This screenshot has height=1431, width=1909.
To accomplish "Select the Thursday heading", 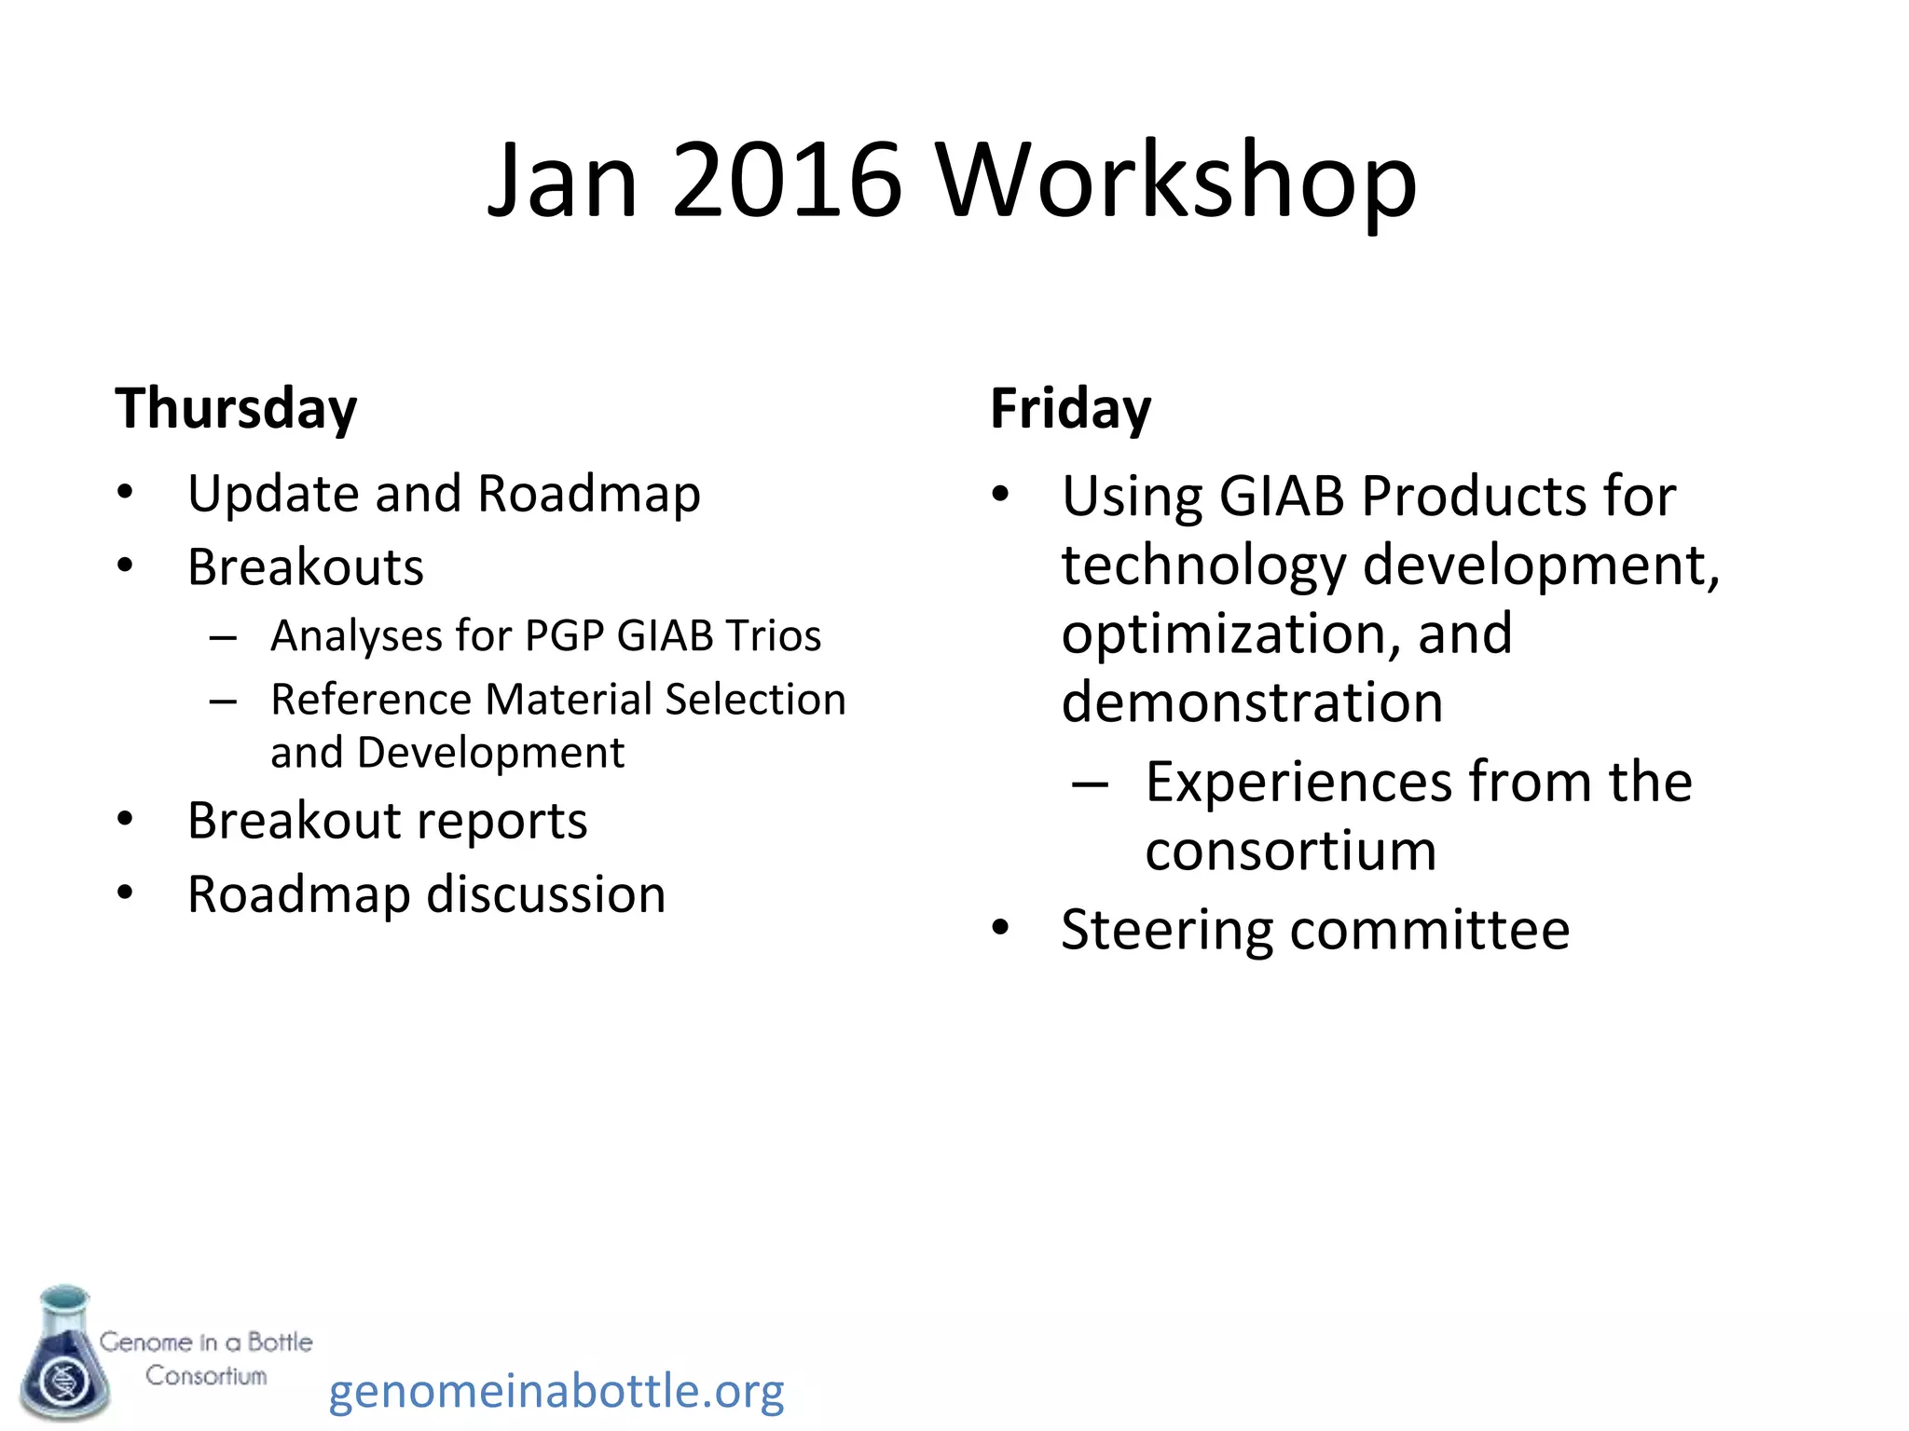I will pos(236,409).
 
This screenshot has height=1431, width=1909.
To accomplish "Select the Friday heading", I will pos(1070,409).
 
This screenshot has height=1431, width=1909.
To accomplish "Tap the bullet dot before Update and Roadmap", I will pos(125,492).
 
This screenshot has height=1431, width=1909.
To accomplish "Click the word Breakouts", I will pos(305,566).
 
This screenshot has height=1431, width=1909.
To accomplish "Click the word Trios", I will pos(773,635).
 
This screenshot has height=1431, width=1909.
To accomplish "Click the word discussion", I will pos(545,894).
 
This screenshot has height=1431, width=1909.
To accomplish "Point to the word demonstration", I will pos(1252,702).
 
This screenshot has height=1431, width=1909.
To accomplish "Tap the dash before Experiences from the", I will pos(1089,783).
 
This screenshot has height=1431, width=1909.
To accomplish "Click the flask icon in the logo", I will pos(63,1353).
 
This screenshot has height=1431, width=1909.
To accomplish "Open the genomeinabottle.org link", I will pos(556,1391).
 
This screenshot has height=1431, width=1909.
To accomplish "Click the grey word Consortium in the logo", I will pos(206,1376).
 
